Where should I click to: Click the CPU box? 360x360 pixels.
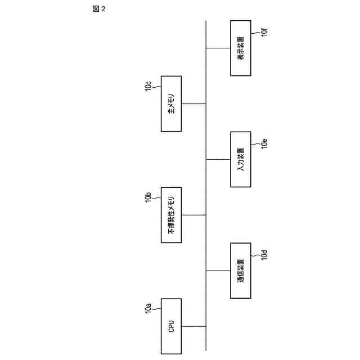pyautogui.click(x=172, y=326)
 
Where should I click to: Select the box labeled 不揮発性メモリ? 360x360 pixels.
pyautogui.click(x=172, y=215)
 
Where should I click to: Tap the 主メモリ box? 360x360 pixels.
pyautogui.click(x=172, y=103)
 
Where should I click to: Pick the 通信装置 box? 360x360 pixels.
pyautogui.click(x=241, y=270)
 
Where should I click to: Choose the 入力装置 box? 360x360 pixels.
pyautogui.click(x=241, y=159)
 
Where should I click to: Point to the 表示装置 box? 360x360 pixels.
pyautogui.click(x=241, y=48)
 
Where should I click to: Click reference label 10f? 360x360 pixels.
pyautogui.click(x=264, y=31)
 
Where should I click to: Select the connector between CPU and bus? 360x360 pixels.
pyautogui.click(x=194, y=326)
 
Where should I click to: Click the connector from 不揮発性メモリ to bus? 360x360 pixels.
pyautogui.click(x=194, y=215)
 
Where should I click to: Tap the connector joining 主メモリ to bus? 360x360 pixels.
pyautogui.click(x=194, y=103)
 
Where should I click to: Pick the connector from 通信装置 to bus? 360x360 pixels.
pyautogui.click(x=218, y=270)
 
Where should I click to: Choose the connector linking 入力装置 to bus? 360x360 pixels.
pyautogui.click(x=218, y=159)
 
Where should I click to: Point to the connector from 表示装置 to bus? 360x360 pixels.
pyautogui.click(x=218, y=48)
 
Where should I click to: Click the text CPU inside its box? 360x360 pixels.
pyautogui.click(x=172, y=326)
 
